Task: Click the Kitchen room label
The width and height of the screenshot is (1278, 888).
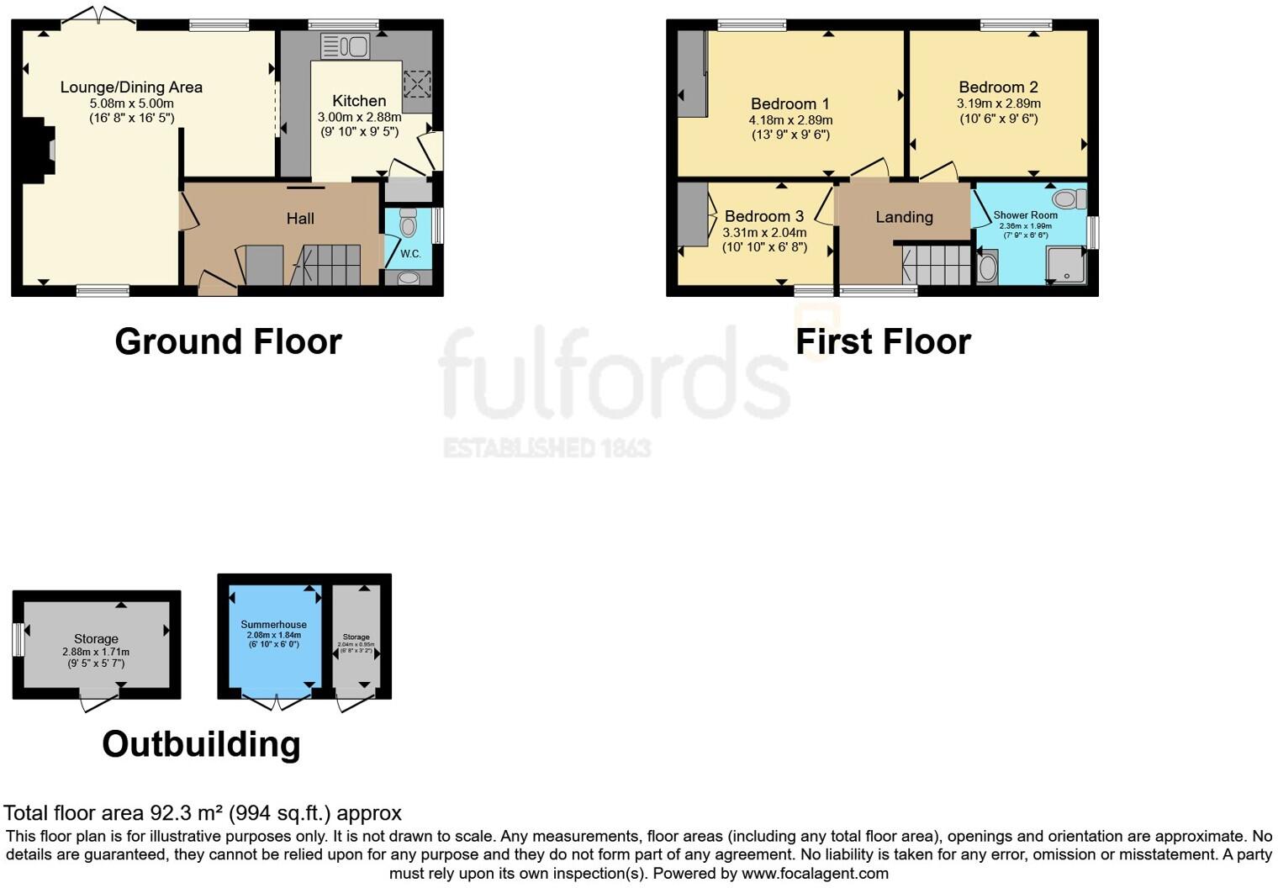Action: click(359, 101)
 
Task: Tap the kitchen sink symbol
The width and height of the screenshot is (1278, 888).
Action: click(345, 45)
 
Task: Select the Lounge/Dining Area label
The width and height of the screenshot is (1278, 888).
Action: click(131, 87)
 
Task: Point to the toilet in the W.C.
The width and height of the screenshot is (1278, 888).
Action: click(409, 224)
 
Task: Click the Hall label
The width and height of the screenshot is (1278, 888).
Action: click(300, 219)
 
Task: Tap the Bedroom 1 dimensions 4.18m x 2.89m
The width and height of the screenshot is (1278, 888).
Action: click(790, 120)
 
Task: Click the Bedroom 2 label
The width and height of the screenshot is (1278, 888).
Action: click(998, 87)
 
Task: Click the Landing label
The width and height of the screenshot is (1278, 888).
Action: click(904, 217)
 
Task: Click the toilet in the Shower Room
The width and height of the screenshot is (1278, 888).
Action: click(1069, 199)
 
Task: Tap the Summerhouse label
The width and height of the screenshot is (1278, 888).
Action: click(273, 625)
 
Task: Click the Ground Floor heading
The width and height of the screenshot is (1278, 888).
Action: click(228, 342)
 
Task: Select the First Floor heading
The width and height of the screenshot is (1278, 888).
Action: click(883, 342)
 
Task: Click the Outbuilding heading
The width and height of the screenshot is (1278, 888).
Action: click(201, 744)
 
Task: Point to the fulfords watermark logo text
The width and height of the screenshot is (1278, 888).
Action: click(614, 374)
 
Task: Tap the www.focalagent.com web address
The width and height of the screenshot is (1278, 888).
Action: click(815, 873)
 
